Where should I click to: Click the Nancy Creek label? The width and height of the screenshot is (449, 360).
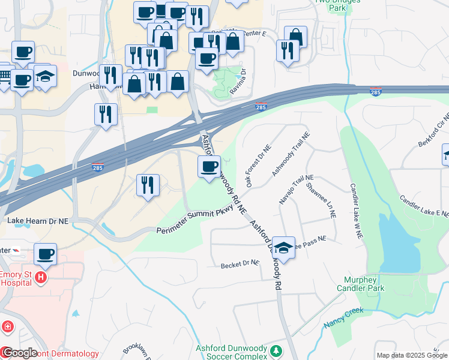(x=344, y=317)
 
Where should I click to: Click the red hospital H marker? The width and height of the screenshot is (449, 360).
(x=40, y=277)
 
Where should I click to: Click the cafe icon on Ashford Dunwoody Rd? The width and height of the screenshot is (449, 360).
(x=209, y=166)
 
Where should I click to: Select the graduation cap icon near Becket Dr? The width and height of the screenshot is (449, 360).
(x=283, y=247)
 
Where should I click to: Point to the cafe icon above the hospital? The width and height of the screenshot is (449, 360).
(x=45, y=253)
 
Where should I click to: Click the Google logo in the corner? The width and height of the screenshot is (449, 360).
(x=20, y=353)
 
